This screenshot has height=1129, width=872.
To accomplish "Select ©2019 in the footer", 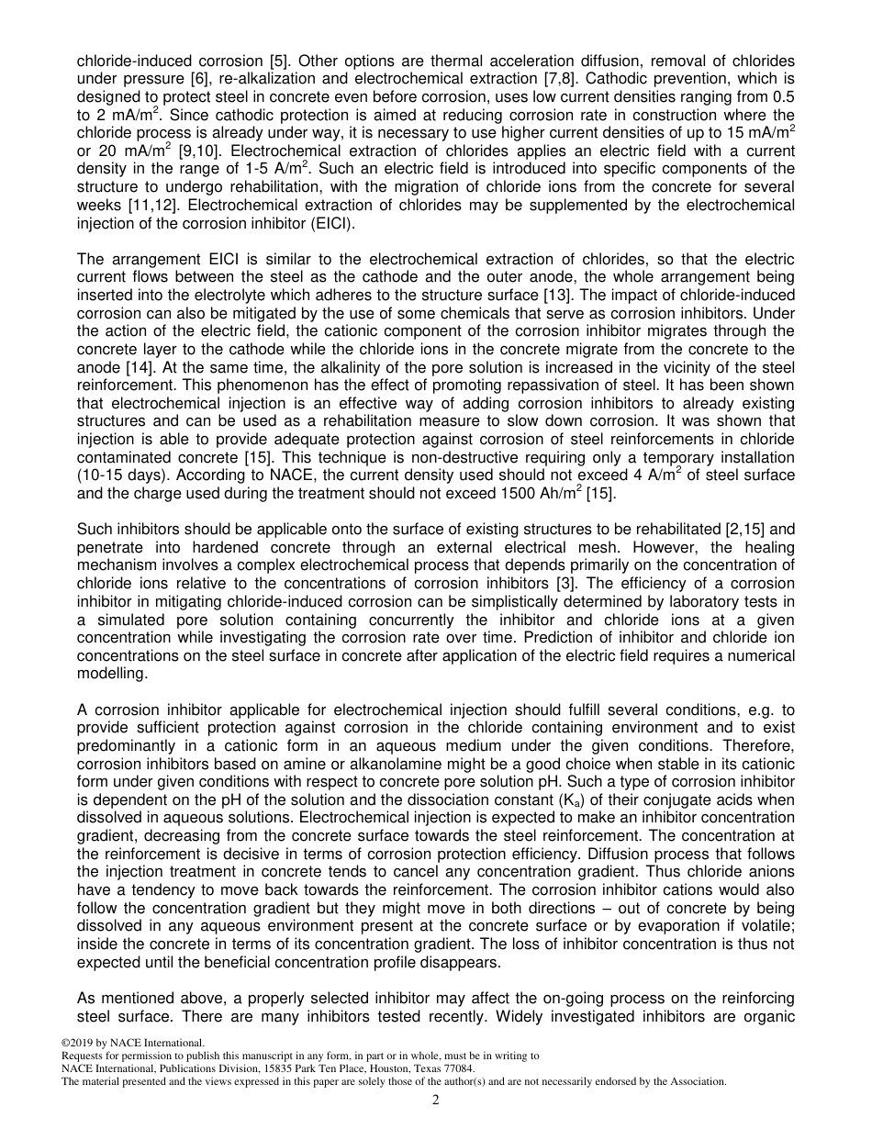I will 76,1043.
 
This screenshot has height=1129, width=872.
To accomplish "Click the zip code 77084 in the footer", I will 458,1068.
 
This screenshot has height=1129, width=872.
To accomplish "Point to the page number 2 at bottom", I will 436,1101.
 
